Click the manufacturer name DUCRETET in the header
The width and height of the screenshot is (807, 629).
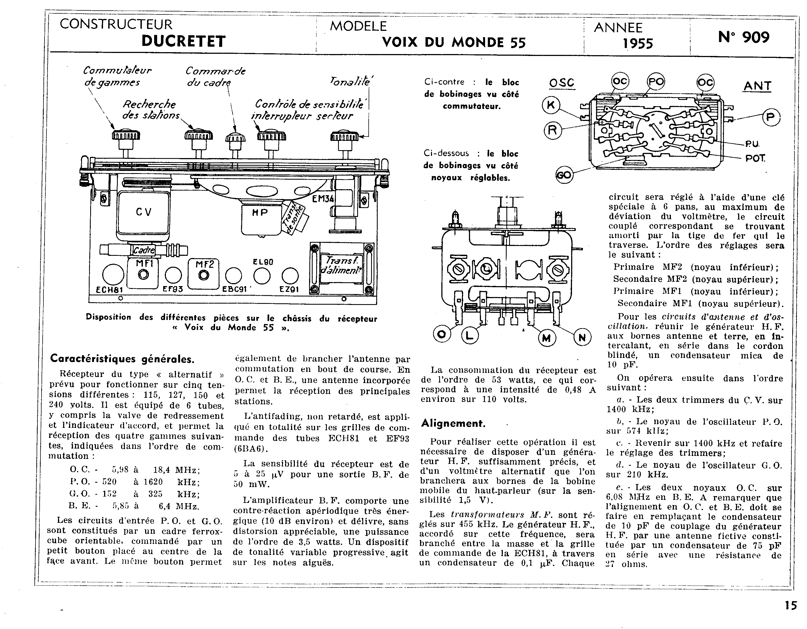click(183, 41)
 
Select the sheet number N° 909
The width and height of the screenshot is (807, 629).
click(744, 37)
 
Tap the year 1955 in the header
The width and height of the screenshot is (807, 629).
click(638, 44)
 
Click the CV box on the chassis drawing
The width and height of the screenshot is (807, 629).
click(143, 212)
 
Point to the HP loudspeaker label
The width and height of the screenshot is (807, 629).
click(260, 213)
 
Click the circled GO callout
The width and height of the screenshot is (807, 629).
click(564, 175)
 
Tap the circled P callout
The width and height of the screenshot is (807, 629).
click(771, 118)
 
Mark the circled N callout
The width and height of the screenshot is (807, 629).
click(582, 337)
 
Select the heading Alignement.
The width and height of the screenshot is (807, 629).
click(453, 423)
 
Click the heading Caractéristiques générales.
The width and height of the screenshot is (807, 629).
click(122, 359)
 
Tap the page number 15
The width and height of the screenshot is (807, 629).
click(791, 606)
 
